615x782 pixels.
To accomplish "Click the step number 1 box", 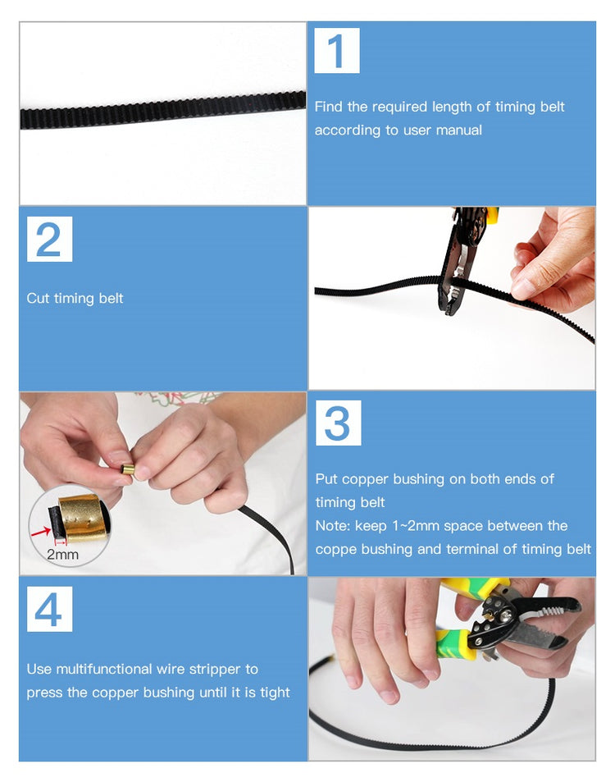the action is (337, 51).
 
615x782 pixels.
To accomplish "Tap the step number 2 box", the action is (49, 240).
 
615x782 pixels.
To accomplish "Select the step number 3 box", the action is (339, 423).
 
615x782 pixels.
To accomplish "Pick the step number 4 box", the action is (49, 610).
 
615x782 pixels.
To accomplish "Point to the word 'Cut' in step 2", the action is (38, 298).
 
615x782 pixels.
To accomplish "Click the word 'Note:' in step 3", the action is (333, 526).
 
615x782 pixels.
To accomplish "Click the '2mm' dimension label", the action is (62, 555).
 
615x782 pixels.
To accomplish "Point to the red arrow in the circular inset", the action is (40, 533).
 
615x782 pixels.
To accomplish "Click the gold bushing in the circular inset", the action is (82, 518).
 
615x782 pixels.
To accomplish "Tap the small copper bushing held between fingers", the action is (128, 470).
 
